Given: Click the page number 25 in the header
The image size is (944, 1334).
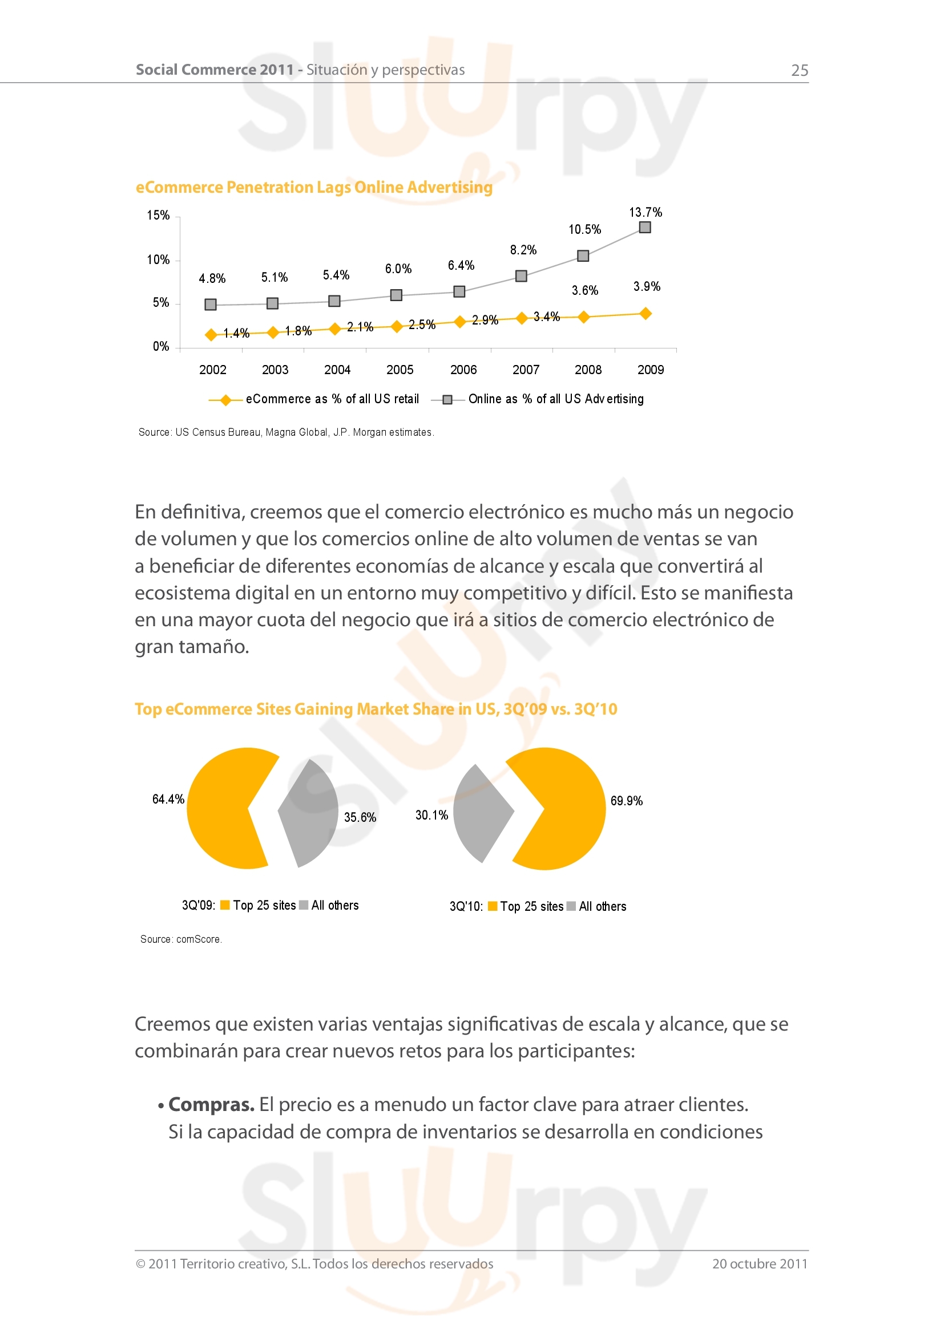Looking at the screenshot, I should point(799,70).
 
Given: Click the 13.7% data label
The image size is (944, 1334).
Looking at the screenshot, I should point(646,212).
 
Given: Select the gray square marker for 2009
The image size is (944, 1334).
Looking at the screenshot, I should point(644,227).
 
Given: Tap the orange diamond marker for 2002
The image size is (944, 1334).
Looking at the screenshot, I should point(211,335).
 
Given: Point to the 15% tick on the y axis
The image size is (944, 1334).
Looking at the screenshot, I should point(158,216).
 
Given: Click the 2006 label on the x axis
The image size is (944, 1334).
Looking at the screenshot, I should point(463,370).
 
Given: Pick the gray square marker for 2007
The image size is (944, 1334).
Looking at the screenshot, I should point(522,276).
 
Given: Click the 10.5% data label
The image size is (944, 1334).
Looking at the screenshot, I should point(585,229).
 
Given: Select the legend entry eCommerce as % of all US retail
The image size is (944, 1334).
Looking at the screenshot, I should point(332,399).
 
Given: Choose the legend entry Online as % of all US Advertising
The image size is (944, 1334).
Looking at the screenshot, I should point(556,399).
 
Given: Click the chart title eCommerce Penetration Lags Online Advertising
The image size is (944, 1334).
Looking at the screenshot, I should point(314,188).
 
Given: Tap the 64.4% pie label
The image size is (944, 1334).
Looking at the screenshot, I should point(168,800).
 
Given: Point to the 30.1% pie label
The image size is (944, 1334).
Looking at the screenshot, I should point(431,815).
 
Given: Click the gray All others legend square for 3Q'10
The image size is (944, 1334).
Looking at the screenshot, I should point(571,906).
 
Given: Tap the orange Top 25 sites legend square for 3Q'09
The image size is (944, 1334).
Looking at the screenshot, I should point(225,905).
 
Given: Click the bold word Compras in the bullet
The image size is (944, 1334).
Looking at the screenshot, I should point(211,1105).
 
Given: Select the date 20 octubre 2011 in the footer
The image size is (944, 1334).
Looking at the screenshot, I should point(760,1264).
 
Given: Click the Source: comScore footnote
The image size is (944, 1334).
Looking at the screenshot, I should point(181,939).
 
